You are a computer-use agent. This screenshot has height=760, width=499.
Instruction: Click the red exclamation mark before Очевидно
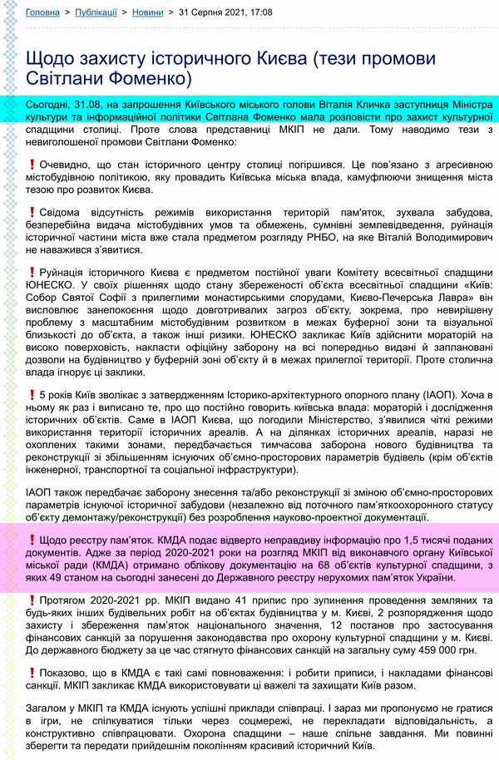tap(32, 165)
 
